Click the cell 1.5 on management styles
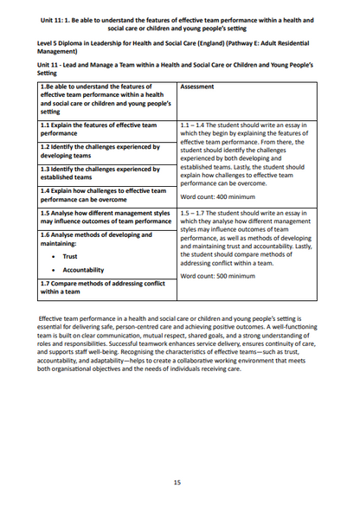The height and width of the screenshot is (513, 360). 106,216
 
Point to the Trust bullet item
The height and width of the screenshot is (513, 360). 70,256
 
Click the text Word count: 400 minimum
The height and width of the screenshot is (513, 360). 216,197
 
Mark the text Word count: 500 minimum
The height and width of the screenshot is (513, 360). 216,276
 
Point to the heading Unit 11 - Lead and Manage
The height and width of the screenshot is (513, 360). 173,65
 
